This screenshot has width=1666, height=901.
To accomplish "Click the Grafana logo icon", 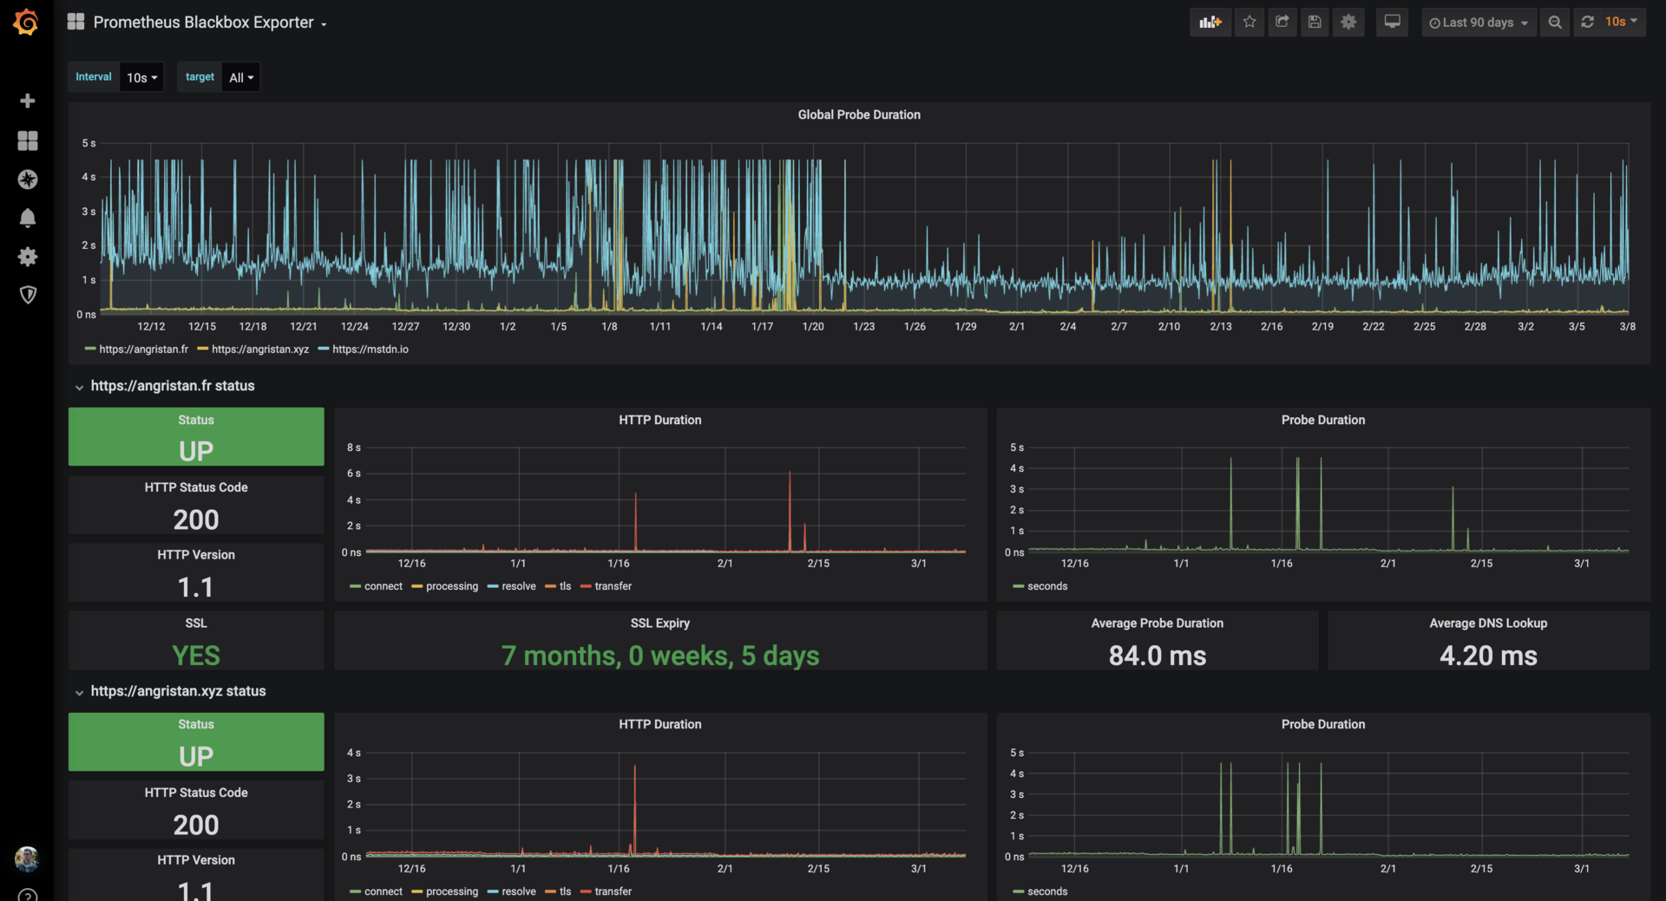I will click(x=26, y=23).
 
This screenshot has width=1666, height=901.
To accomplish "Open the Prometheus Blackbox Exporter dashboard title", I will click(x=203, y=23).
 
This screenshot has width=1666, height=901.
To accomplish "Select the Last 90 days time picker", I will click(x=1479, y=23).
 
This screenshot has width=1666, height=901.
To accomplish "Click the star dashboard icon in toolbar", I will click(x=1249, y=23).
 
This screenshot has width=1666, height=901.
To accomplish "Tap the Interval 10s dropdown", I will click(x=141, y=77).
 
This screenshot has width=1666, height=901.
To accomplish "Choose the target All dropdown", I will click(x=240, y=77).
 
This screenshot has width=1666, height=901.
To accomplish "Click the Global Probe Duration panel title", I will click(x=859, y=114).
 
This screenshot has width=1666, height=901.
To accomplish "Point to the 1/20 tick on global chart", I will click(x=813, y=327).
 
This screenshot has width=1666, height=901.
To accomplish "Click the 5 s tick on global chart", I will click(x=89, y=143).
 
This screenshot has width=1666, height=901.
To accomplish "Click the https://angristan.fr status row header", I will click(x=172, y=386).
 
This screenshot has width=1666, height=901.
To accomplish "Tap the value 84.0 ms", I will click(x=1157, y=656).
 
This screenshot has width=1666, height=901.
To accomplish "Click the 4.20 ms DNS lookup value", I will click(x=1488, y=656).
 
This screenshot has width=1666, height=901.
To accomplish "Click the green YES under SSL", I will click(x=196, y=656).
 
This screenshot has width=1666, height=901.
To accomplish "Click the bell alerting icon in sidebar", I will click(x=28, y=218).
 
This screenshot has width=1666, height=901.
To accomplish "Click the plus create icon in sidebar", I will click(x=28, y=101).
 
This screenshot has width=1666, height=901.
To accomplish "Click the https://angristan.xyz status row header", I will click(x=178, y=691).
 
